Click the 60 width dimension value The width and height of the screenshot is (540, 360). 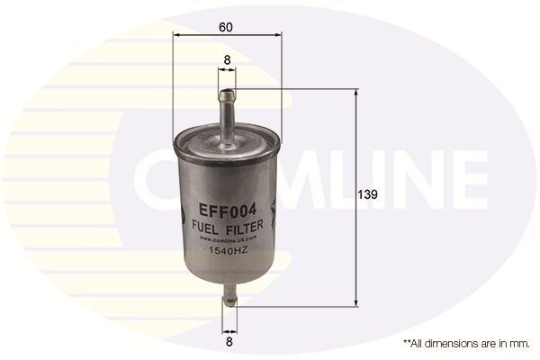click(226, 26)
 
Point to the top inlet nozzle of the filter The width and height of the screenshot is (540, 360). click(226, 103)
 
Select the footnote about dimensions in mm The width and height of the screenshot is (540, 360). click(464, 344)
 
